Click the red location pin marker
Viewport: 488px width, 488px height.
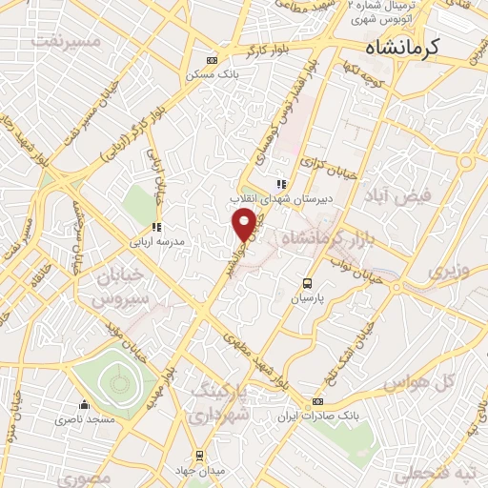pyautogui.click(x=246, y=224)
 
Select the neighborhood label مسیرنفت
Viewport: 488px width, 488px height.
pyautogui.click(x=65, y=41)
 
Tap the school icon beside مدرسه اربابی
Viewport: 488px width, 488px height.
pyautogui.click(x=157, y=228)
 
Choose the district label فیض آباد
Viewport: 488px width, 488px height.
pyautogui.click(x=404, y=195)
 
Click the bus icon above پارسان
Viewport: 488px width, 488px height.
pyautogui.click(x=306, y=283)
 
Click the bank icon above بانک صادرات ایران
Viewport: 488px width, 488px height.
pyautogui.click(x=318, y=401)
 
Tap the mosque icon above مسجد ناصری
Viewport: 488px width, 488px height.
pyautogui.click(x=85, y=404)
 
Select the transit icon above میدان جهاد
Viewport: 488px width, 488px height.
pyautogui.click(x=199, y=456)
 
